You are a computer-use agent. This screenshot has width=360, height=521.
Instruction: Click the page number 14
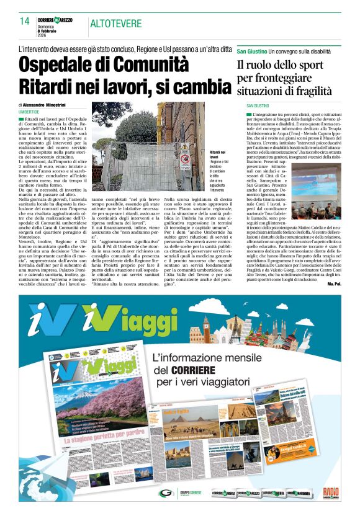pos(25,21)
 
